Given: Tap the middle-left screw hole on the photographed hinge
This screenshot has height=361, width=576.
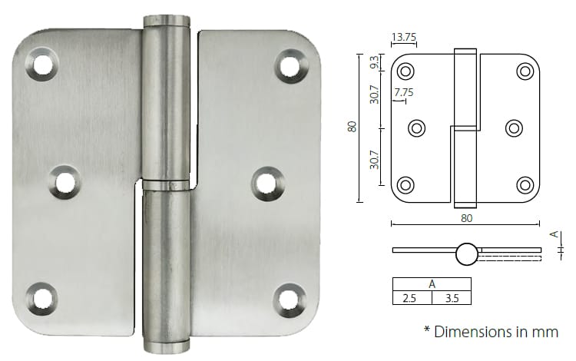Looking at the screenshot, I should tap(64, 182).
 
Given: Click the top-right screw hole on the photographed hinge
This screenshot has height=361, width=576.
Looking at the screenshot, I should tap(290, 65).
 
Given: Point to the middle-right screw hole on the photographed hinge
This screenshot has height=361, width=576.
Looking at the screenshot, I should tap(266, 182).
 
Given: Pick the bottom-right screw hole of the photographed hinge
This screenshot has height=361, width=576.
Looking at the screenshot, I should tap(289, 298).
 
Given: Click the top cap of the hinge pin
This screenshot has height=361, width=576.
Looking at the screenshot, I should tap(166, 21).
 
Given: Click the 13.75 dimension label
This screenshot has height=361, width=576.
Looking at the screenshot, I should tap(404, 38).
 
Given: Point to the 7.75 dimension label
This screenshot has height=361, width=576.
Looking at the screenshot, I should tap(404, 93).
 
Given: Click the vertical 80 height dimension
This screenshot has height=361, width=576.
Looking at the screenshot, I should tap(353, 127).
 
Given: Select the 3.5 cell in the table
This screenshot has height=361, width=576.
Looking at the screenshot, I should tap(452, 298).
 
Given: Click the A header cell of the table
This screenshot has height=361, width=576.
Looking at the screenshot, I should tap(432, 283).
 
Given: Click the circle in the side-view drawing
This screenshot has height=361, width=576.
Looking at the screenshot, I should tap(466, 253).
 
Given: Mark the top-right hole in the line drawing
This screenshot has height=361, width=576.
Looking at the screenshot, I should tap(525, 71).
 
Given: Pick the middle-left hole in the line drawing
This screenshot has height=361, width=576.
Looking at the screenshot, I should tap(417, 128).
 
